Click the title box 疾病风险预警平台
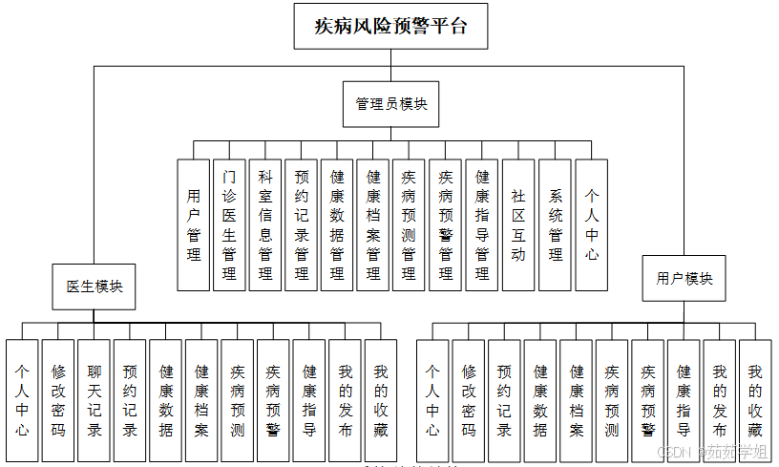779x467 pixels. (391, 26)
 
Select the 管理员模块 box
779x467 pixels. (391, 103)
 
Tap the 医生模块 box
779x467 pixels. (94, 287)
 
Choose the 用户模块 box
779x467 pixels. (684, 278)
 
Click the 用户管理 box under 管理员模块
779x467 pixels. (194, 224)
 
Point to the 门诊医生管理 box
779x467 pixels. (229, 224)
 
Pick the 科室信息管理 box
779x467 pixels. (265, 224)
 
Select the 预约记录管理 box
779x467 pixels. (302, 224)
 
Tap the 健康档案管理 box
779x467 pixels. (373, 224)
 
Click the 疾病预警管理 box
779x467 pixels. (446, 224)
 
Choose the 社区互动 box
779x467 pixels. (517, 224)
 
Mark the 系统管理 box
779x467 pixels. (555, 224)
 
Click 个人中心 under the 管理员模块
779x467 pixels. (591, 224)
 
